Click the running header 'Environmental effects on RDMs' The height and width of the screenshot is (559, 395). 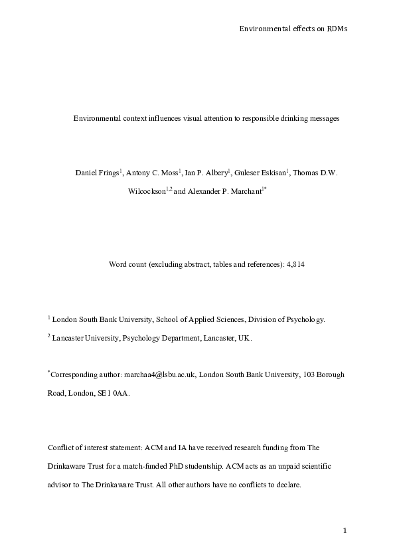[293, 29]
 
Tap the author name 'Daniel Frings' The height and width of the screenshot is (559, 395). [96, 173]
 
